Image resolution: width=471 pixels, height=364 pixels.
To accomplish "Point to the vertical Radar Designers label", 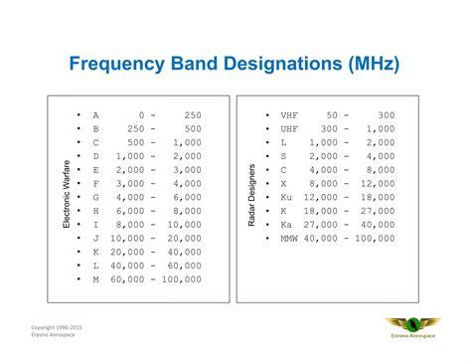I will tap(252, 195).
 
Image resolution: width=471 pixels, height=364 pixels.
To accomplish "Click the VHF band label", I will tap(288, 115).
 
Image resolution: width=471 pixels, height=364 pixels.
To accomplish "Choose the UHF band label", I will tap(288, 129).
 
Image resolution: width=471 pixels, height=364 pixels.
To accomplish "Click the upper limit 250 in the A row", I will tap(193, 115).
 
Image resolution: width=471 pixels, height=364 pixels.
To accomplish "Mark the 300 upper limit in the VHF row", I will tap(387, 115).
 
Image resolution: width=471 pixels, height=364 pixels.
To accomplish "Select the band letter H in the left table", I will tap(95, 212).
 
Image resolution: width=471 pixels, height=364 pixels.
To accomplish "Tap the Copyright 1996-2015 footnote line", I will tap(56, 325).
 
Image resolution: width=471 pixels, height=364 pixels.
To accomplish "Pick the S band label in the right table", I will tap(282, 157).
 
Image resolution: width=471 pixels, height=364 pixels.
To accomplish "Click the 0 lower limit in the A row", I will tap(144, 115).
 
